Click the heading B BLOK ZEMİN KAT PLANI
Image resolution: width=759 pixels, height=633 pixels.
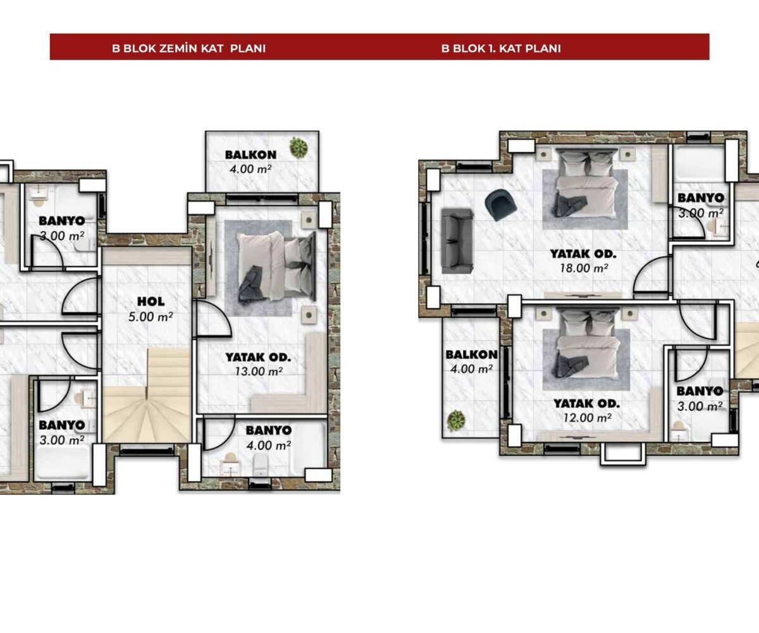(x=188, y=48)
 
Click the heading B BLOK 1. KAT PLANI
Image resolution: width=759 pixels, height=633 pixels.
(x=501, y=48)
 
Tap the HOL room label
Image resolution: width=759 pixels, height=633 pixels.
(x=151, y=301)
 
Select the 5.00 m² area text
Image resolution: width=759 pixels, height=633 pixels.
(x=151, y=317)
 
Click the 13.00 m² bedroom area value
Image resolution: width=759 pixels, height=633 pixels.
(x=259, y=372)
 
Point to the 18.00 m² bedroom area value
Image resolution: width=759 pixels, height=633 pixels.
(x=584, y=268)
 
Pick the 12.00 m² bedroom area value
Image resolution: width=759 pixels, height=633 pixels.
(x=587, y=418)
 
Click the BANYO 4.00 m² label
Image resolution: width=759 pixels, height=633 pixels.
(x=269, y=438)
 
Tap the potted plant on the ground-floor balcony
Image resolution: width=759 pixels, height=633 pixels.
(x=299, y=147)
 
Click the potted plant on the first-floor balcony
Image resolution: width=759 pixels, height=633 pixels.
(x=456, y=420)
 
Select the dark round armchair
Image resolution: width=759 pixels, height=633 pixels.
(x=501, y=205)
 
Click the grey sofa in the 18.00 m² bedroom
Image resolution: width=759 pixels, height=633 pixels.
(x=457, y=241)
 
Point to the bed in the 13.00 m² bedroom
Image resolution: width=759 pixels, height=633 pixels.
(x=276, y=268)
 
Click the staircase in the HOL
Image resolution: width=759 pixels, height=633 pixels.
(x=147, y=395)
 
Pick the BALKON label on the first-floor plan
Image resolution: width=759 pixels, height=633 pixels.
(x=471, y=354)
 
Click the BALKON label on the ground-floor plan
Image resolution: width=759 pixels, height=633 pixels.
(x=251, y=154)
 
